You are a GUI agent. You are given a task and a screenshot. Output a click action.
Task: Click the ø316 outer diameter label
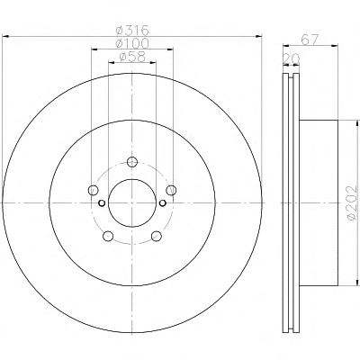(x=132, y=31)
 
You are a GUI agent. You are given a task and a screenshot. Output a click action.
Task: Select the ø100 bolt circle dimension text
(x=132, y=43)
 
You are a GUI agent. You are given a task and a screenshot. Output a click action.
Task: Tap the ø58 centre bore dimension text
(x=132, y=57)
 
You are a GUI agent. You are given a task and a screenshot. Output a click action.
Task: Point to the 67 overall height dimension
(x=310, y=40)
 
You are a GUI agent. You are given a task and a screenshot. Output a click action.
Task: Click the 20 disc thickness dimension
(x=291, y=58)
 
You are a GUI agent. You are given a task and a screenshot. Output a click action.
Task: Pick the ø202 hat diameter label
(x=351, y=202)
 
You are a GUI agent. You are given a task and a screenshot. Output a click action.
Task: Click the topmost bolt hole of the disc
(x=132, y=162)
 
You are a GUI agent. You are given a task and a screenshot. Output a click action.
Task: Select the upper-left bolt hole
(x=94, y=190)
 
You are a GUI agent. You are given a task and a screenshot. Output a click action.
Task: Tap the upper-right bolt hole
(x=171, y=190)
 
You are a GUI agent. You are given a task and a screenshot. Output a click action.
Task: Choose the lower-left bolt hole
(x=108, y=236)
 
